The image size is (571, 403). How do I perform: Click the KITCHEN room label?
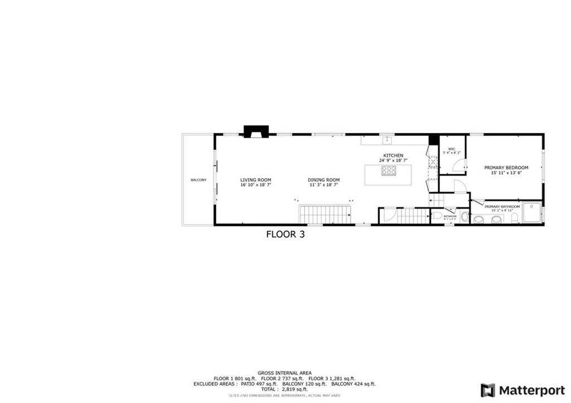pyautogui.click(x=393, y=156)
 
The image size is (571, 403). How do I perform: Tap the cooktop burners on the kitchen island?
pyautogui.click(x=389, y=171)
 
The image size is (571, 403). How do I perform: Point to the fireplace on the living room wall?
pyautogui.click(x=256, y=132)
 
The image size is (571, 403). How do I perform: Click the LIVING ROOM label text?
pyautogui.click(x=255, y=180)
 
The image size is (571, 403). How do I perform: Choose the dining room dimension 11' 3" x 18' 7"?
pyautogui.click(x=323, y=185)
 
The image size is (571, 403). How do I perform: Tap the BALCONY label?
pyautogui.click(x=198, y=179)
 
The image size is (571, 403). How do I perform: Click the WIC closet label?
pyautogui.click(x=452, y=149)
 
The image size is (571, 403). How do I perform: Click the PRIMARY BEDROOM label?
pyautogui.click(x=506, y=168)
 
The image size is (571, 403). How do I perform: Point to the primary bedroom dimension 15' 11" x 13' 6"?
pyautogui.click(x=506, y=173)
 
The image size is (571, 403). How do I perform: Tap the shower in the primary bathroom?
pyautogui.click(x=531, y=212)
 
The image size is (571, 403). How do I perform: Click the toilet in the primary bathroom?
pyautogui.click(x=515, y=219)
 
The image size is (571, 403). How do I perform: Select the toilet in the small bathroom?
pyautogui.click(x=438, y=215)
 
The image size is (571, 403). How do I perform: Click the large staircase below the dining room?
pyautogui.click(x=326, y=215)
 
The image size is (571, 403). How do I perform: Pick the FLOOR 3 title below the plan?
pyautogui.click(x=285, y=235)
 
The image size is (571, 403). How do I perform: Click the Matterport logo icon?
pyautogui.click(x=488, y=390)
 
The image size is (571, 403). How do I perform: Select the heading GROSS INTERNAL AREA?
pyautogui.click(x=284, y=373)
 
